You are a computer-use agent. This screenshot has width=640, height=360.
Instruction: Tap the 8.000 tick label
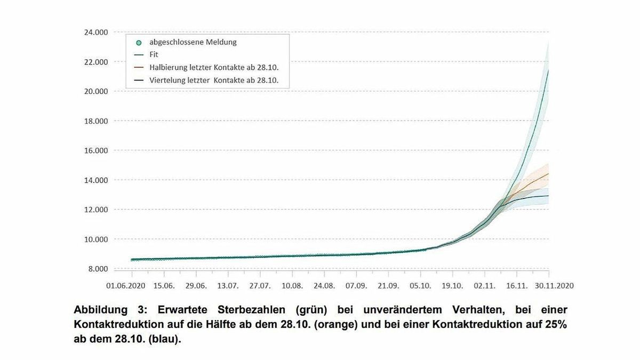click(x=98, y=269)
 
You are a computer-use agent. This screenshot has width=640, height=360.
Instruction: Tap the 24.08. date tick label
click(x=324, y=286)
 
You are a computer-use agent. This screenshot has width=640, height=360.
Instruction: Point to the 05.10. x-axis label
click(x=420, y=286)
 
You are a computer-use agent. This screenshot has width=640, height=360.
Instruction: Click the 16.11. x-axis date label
click(x=516, y=286)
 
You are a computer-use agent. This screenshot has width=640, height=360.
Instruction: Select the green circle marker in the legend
click(x=139, y=42)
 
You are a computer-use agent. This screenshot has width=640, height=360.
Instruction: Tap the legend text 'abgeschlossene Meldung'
click(x=193, y=42)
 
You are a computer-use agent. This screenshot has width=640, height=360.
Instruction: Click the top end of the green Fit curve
click(x=548, y=70)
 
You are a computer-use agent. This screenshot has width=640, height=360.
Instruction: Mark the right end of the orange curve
click(x=548, y=173)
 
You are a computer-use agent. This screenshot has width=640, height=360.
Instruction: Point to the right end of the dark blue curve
click(x=548, y=196)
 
